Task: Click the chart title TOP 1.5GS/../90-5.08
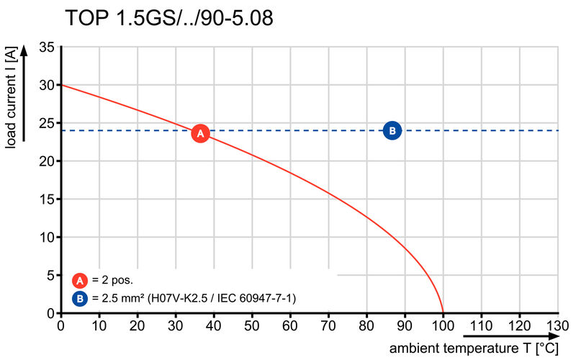coord(169,19)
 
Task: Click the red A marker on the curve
coord(200,134)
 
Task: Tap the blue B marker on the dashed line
coord(392,130)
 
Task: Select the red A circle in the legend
coord(81,281)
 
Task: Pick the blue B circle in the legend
coord(81,297)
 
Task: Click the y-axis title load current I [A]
coord(12,101)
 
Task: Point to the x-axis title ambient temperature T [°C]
coord(474,349)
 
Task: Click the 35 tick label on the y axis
coord(47,48)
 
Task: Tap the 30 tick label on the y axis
coord(47,85)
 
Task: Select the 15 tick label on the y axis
coord(47,199)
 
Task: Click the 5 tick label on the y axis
coord(50,275)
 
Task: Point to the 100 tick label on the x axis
coord(443,325)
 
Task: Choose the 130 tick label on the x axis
coord(558,325)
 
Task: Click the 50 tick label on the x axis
coord(251,325)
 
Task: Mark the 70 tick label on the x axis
coord(328,325)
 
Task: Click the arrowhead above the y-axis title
coord(26,51)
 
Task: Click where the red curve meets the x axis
coord(443,313)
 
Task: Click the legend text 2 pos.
coord(114,281)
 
